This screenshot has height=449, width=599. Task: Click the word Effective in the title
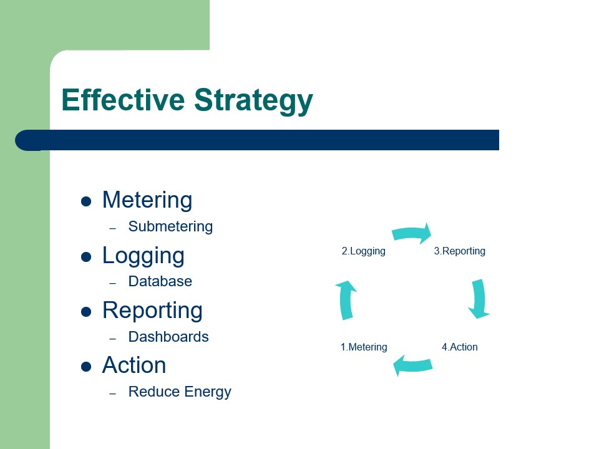(x=123, y=100)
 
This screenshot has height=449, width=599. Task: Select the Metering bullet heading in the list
(x=147, y=200)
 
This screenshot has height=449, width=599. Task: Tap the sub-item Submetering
(x=170, y=226)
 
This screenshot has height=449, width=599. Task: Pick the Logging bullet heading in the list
(x=143, y=256)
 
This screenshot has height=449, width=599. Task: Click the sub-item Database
(x=160, y=281)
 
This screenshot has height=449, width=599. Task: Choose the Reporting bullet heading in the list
(x=152, y=310)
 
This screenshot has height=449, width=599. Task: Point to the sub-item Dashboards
(x=168, y=337)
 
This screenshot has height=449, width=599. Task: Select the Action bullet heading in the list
(x=134, y=365)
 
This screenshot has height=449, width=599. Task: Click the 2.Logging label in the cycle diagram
(x=363, y=251)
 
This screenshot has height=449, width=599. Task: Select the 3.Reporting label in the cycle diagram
(x=459, y=251)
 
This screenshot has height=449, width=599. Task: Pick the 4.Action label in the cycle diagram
(x=459, y=347)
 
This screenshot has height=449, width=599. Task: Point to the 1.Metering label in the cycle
(x=363, y=347)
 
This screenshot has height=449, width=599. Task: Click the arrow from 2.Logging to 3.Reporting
(x=412, y=233)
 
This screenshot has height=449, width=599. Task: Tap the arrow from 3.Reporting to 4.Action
(x=479, y=299)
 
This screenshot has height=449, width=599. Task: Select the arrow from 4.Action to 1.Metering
(x=412, y=365)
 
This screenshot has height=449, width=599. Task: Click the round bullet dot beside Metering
(x=87, y=201)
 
